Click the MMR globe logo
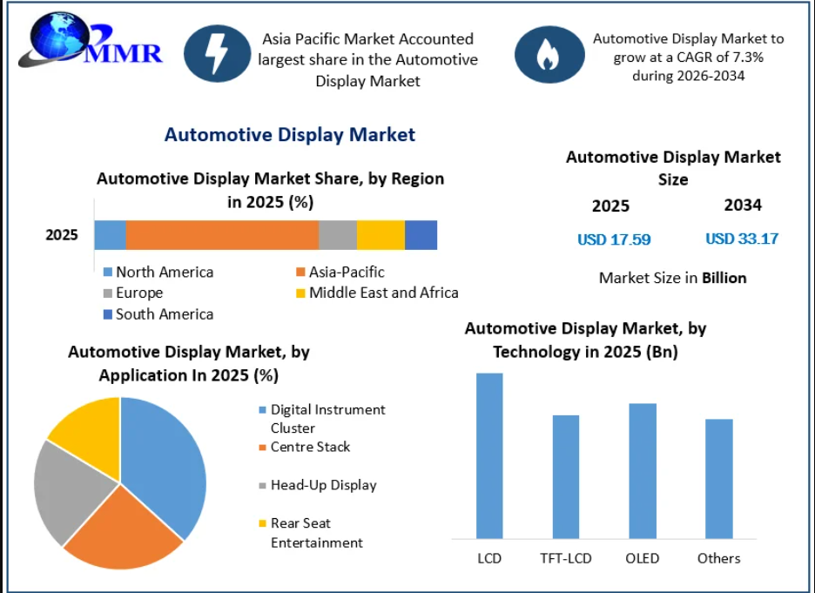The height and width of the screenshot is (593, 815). [90, 42]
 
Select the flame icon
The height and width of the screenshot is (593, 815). [549, 55]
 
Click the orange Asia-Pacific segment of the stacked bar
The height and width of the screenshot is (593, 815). [222, 235]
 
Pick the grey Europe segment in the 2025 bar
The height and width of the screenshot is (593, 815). [338, 235]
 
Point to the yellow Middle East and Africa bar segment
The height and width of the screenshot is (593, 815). [381, 235]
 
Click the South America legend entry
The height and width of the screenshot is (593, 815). [158, 314]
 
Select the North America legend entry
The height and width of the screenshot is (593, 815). [158, 272]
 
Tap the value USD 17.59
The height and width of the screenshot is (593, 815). [614, 239]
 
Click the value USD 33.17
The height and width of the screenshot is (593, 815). [742, 239]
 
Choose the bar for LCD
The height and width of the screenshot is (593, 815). [489, 455]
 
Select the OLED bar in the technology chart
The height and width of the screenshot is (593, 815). [643, 471]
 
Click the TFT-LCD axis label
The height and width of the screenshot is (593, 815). [565, 558]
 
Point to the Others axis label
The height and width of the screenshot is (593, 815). [719, 558]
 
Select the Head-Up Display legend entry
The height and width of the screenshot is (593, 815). [318, 485]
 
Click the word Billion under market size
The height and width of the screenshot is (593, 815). [724, 278]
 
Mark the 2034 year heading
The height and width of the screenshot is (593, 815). [743, 206]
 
